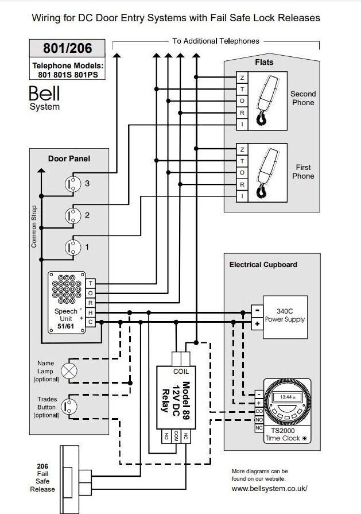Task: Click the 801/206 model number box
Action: pos(68,47)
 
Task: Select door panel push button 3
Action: pos(73,184)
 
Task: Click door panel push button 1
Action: pos(73,247)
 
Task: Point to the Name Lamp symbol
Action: pos(69,371)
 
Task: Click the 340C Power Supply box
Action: pos(285,315)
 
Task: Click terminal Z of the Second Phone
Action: pos(242,78)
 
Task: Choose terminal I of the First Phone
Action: pos(242,196)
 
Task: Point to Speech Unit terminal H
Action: pos(90,313)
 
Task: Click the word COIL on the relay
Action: pos(181,372)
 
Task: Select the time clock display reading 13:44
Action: pos(285,397)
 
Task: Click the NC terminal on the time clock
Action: pos(259,428)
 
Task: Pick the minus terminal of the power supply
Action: pos(257,309)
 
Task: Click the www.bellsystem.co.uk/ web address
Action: pos(269,488)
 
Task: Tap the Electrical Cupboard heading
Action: pos(263,265)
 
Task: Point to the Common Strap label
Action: pos(34,226)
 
